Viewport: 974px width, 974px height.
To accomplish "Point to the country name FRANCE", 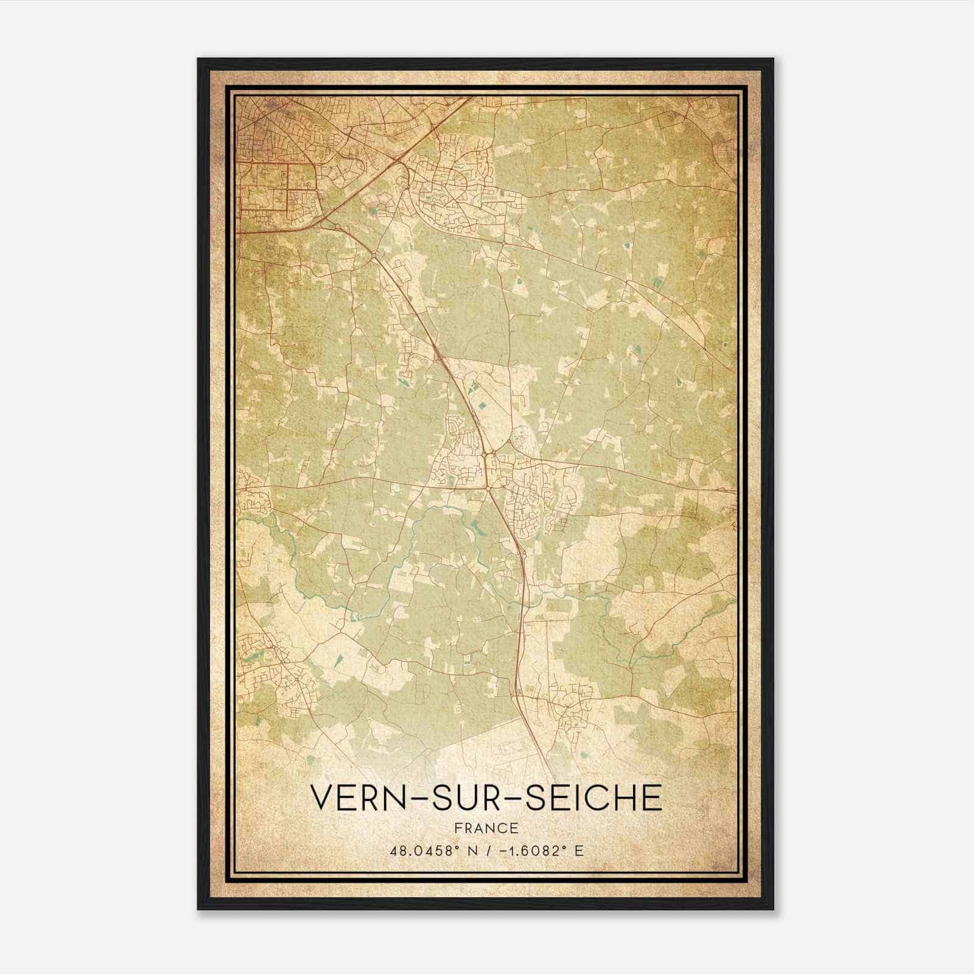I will tap(486, 828).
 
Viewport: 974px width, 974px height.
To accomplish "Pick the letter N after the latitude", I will tap(471, 850).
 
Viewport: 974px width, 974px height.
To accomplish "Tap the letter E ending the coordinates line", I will tap(579, 850).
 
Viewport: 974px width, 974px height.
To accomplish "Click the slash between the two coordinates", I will tap(486, 850).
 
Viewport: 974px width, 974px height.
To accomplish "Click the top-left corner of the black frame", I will tap(198, 59).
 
